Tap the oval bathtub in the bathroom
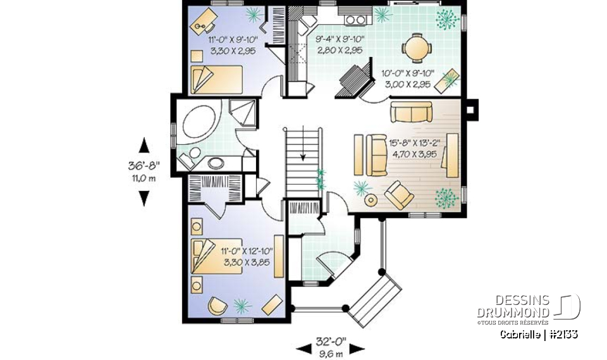(x=198, y=121)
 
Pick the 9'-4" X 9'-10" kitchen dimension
(x=340, y=45)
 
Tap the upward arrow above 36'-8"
(x=144, y=145)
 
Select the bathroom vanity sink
(x=216, y=163)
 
